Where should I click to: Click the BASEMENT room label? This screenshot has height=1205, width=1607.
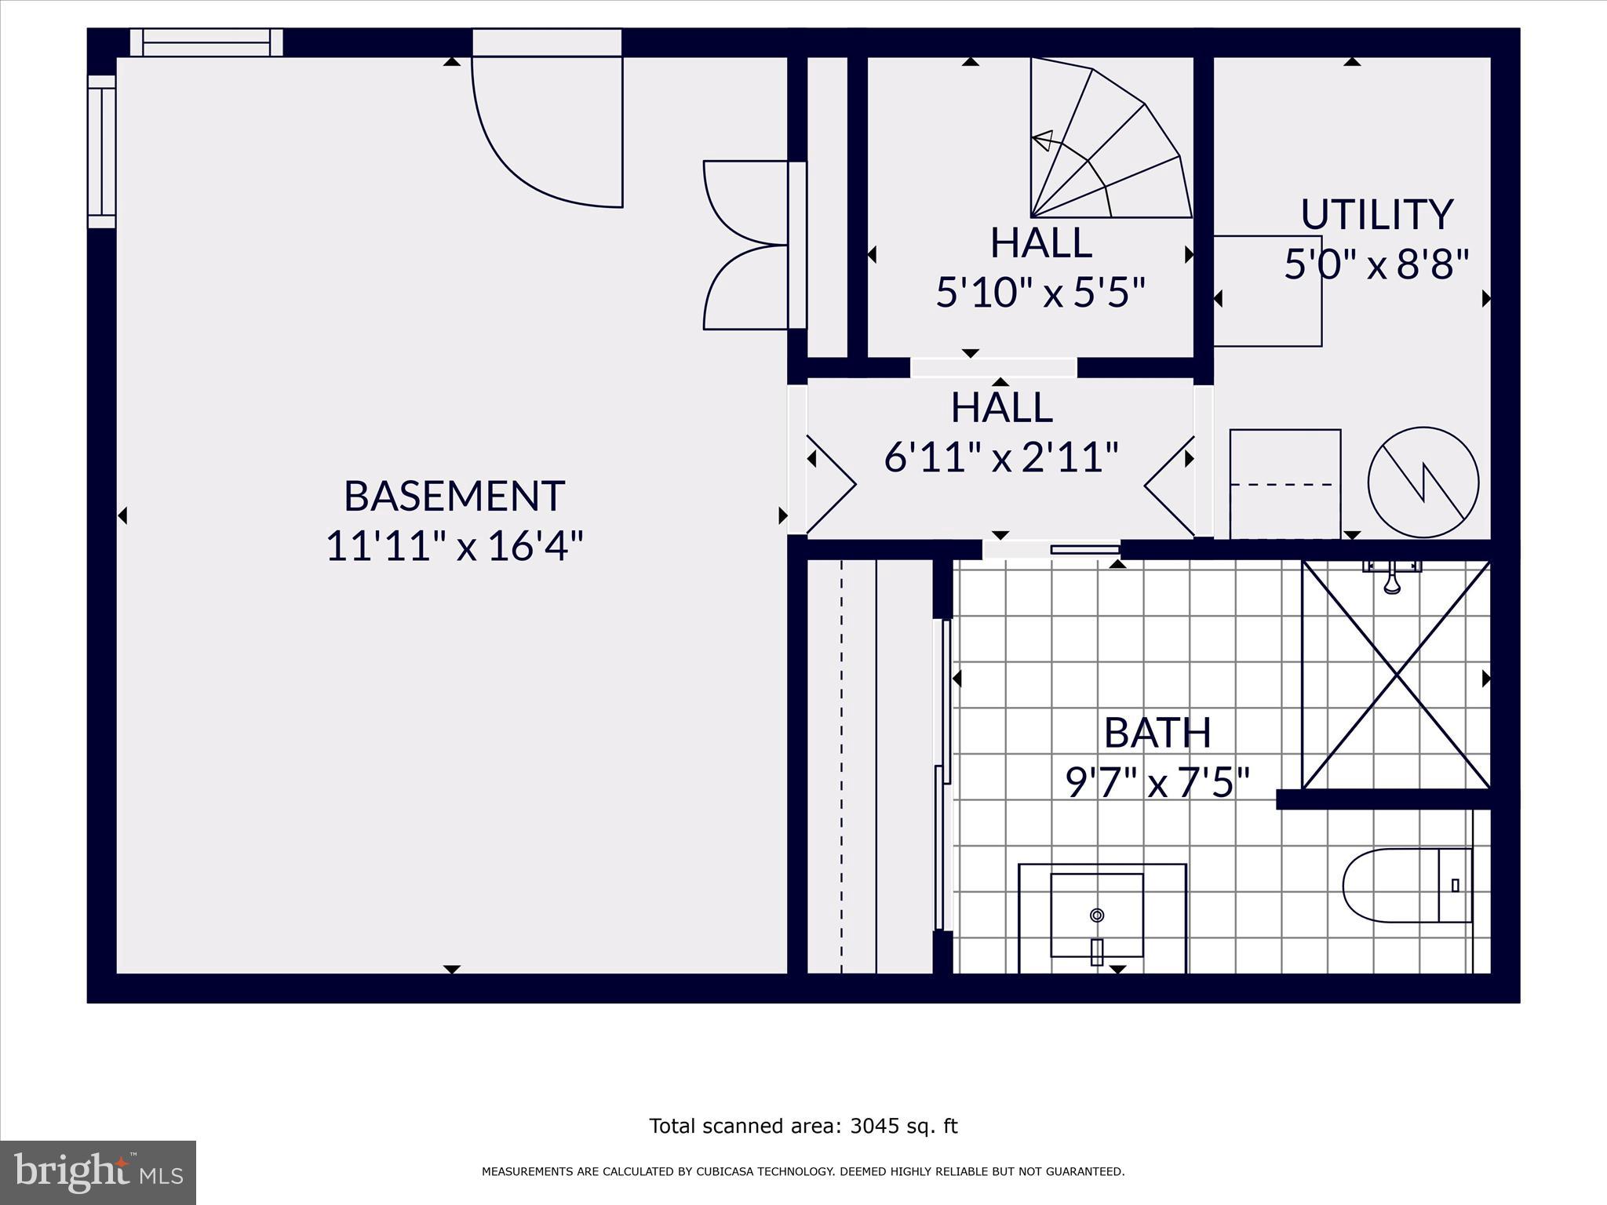coord(454,496)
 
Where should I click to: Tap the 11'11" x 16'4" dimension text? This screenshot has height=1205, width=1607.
coord(454,546)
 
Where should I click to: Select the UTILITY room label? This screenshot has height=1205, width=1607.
coord(1376,215)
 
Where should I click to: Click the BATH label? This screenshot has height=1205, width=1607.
coord(1157,733)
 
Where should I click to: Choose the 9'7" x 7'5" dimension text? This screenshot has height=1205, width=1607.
coord(1157,782)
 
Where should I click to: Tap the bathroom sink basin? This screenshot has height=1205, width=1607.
coord(1097,915)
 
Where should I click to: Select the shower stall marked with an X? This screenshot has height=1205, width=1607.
coord(1396,675)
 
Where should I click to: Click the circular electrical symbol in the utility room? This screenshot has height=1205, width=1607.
coord(1423,482)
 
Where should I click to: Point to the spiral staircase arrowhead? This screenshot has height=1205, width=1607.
coord(1042,140)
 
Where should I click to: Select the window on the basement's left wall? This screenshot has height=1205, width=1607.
coord(101,151)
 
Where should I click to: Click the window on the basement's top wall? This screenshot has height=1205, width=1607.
coord(206,42)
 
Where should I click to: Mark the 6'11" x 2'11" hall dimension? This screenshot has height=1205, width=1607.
coord(1000,457)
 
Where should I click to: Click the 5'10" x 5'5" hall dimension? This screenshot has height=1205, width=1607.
coord(1040,293)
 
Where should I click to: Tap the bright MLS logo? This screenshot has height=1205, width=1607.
coord(98,1172)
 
